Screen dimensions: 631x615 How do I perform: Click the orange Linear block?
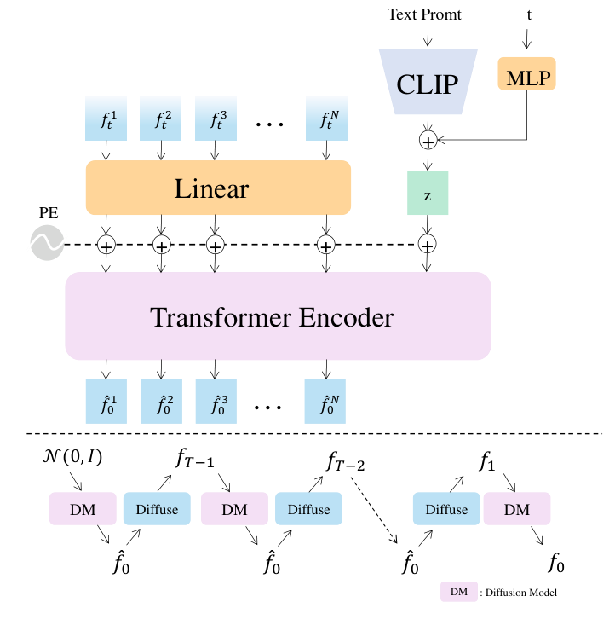point(218,187)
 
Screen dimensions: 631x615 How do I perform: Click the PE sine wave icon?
point(47,244)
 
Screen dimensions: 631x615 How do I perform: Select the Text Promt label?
point(424,14)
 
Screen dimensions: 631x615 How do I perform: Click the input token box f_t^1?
point(106,119)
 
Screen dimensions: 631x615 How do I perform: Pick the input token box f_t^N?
point(326,119)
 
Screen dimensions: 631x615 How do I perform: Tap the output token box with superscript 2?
point(162,402)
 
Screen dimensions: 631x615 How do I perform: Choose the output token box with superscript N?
point(326,402)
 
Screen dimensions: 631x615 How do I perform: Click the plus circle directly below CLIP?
point(428,140)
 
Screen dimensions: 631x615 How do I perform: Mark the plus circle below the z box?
point(428,246)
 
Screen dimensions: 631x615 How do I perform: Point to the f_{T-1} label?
point(195,461)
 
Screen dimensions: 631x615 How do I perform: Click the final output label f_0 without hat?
point(556,564)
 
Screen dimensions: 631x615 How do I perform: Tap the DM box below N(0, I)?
point(83,509)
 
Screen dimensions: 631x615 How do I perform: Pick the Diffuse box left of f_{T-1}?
point(158,509)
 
